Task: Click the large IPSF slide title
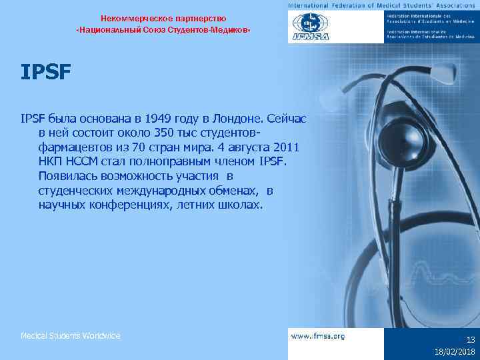click(x=45, y=71)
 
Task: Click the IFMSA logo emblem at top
click(x=308, y=27)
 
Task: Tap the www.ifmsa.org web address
click(x=317, y=336)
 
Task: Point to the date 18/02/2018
click(x=453, y=352)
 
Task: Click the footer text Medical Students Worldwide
click(x=70, y=336)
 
